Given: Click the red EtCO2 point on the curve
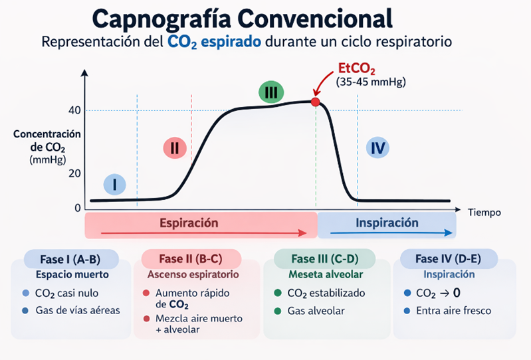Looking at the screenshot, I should click(x=315, y=102).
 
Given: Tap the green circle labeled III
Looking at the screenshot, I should click(x=270, y=92).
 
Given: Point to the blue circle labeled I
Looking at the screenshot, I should click(x=115, y=184).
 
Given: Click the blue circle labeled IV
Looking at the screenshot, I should click(x=377, y=148).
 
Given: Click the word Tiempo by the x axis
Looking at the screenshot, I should click(x=484, y=213).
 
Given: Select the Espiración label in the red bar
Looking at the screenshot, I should click(x=189, y=223).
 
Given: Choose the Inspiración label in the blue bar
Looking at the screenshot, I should click(x=387, y=223).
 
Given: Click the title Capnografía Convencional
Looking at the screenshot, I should click(x=242, y=17).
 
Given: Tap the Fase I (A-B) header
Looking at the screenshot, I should click(x=71, y=258).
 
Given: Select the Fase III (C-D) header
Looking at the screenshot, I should click(x=325, y=258).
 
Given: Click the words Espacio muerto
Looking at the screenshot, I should click(x=72, y=274).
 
